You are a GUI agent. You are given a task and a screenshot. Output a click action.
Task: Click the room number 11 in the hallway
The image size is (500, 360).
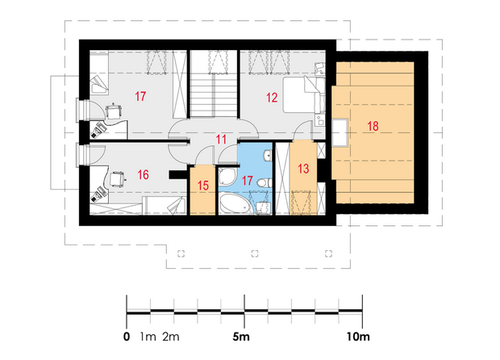(x=221, y=140)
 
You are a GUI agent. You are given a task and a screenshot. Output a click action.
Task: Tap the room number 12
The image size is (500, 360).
(x=272, y=98)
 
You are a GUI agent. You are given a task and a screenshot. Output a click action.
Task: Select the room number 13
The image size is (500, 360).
(x=303, y=169)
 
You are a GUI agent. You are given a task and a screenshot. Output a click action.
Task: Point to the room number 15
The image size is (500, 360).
(x=203, y=185)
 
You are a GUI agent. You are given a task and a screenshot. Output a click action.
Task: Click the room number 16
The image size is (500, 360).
(x=144, y=174)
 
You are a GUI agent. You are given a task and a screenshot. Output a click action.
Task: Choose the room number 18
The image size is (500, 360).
(x=373, y=126)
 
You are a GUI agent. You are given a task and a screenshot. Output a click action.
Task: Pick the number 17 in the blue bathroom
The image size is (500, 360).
(x=247, y=181)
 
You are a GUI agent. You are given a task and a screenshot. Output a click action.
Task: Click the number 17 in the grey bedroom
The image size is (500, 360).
(x=140, y=96)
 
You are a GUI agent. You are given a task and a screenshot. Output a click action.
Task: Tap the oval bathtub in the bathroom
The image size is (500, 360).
(x=235, y=204)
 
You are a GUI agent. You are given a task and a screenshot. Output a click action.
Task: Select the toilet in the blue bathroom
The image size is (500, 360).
(x=264, y=182)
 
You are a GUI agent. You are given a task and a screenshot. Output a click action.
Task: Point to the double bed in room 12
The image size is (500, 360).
(x=304, y=94)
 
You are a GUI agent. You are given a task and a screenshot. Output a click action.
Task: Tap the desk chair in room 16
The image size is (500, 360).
(x=117, y=178)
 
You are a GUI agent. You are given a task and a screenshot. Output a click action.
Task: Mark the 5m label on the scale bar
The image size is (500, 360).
(x=241, y=337)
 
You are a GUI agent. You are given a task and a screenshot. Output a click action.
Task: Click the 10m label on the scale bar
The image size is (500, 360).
(x=358, y=337)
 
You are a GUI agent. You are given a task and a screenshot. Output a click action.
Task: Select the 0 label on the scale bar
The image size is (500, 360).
(x=127, y=337)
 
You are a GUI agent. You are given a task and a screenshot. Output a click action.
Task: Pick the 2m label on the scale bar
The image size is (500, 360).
(x=171, y=337)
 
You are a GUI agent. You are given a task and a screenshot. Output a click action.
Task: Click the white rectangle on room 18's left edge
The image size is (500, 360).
(x=340, y=132)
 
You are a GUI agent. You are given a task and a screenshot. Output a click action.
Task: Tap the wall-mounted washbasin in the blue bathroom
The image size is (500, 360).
(x=267, y=156)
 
